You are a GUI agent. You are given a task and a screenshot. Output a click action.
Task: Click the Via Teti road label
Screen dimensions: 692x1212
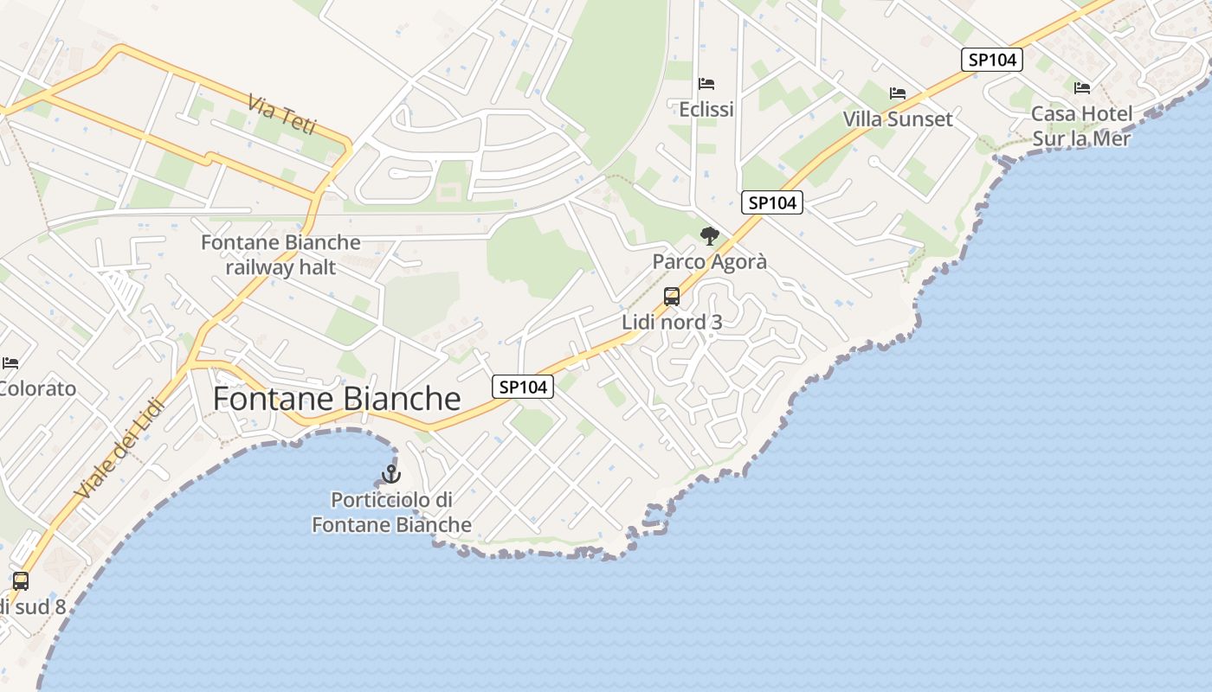[x=282, y=115]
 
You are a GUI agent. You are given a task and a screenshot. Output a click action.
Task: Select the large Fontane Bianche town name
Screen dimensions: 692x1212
[x=337, y=399]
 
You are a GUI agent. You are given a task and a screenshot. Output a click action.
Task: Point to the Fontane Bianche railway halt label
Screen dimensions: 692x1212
[x=280, y=254]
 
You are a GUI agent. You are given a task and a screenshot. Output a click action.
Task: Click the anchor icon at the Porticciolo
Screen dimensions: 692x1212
[x=391, y=474]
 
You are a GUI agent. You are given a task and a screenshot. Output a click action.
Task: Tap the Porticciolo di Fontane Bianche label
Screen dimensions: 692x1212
[x=392, y=512]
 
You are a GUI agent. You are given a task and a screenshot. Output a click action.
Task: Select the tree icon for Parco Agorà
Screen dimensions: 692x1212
[x=709, y=236]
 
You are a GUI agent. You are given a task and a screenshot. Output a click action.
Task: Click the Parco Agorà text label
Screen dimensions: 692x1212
[x=709, y=261]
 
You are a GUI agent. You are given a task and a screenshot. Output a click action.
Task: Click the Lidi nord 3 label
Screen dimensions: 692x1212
[x=672, y=322]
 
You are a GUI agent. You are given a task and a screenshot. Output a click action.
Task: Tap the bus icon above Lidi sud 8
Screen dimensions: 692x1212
[x=21, y=581]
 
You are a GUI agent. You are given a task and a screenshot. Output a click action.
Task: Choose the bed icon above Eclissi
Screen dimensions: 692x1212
[x=706, y=84]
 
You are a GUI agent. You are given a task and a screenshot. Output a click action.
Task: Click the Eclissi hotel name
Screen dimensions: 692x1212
[x=706, y=109]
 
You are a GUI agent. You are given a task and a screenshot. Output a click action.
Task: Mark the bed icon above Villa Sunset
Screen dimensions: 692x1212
[x=898, y=93]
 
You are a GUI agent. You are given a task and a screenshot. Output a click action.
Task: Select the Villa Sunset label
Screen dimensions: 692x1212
[x=898, y=119]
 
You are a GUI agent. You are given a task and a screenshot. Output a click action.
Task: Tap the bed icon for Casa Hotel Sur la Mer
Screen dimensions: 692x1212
[x=1082, y=88]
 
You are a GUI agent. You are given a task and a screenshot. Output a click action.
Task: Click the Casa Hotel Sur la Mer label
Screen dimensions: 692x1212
[x=1082, y=125]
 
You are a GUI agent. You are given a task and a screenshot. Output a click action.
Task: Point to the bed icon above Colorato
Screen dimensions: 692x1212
[x=10, y=363]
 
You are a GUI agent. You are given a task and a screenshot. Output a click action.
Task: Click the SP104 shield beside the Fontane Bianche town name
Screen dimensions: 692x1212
[x=523, y=387]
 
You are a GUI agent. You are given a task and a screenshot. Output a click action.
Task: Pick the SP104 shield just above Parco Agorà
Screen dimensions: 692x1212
[x=772, y=202]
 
